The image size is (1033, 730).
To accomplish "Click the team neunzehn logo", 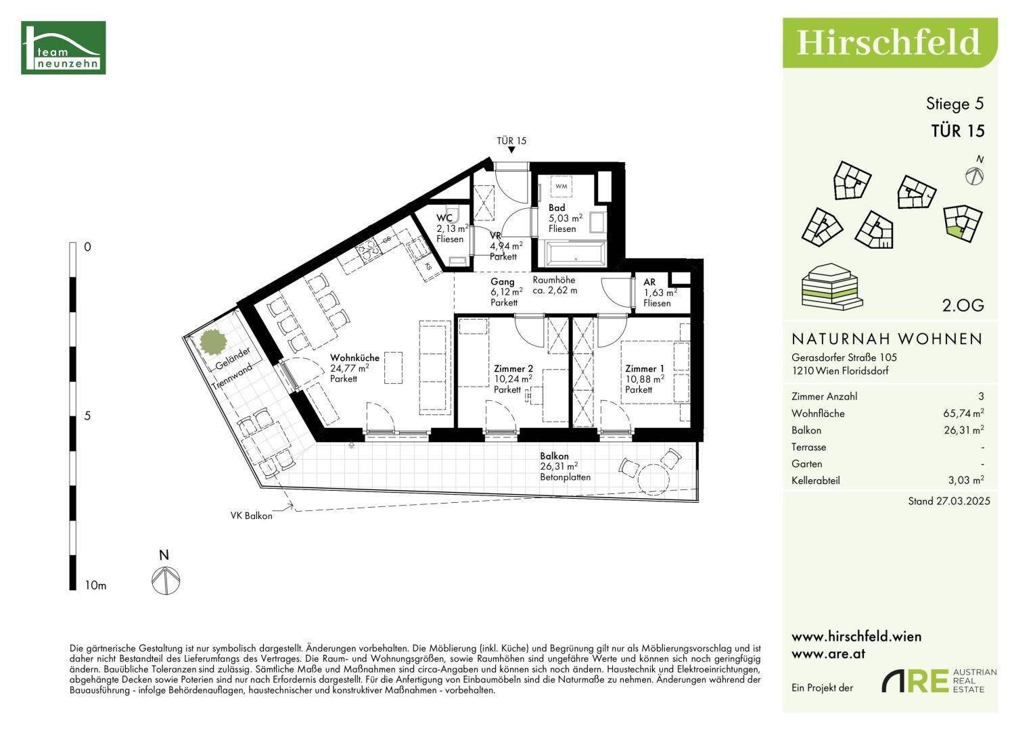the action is (64, 47).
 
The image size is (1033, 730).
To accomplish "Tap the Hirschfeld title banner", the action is (890, 43).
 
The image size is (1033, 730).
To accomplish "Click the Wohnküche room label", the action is (354, 358).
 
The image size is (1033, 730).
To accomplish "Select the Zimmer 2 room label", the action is (513, 368).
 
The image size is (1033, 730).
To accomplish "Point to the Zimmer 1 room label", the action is (645, 368).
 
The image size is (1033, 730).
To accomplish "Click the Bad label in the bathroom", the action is (557, 208).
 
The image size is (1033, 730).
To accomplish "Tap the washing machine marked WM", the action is (561, 187).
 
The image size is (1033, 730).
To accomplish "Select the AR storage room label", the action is (649, 282).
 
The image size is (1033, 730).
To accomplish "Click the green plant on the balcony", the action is (214, 341).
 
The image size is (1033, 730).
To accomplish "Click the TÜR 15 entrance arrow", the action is (511, 150).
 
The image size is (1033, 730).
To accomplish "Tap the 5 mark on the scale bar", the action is (88, 416).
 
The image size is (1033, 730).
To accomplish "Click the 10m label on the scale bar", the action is (95, 586).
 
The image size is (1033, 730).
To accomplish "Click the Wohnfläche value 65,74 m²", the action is (963, 413).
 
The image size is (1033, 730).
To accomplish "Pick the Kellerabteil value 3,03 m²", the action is (966, 480).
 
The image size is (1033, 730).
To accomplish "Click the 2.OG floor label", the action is (963, 306).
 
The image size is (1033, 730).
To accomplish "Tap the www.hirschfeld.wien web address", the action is (856, 637).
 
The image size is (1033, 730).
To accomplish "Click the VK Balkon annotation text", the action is (252, 516).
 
